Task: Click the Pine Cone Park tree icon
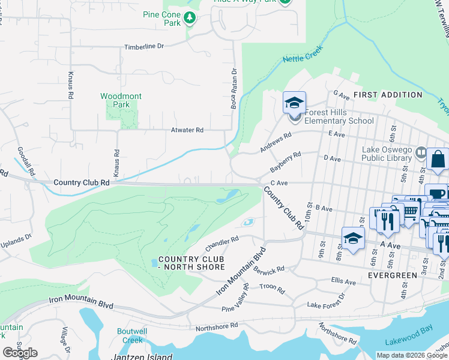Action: pyautogui.click(x=190, y=18)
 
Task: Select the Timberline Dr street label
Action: pyautogui.click(x=143, y=46)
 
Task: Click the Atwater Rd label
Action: pyautogui.click(x=187, y=130)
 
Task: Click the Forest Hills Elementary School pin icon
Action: pyautogui.click(x=294, y=104)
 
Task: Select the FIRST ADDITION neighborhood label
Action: pyautogui.click(x=387, y=95)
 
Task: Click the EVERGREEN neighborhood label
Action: pyautogui.click(x=393, y=275)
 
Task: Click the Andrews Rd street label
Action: pyautogui.click(x=276, y=142)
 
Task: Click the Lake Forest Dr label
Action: pyautogui.click(x=327, y=301)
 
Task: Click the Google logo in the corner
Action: pyautogui.click(x=20, y=352)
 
